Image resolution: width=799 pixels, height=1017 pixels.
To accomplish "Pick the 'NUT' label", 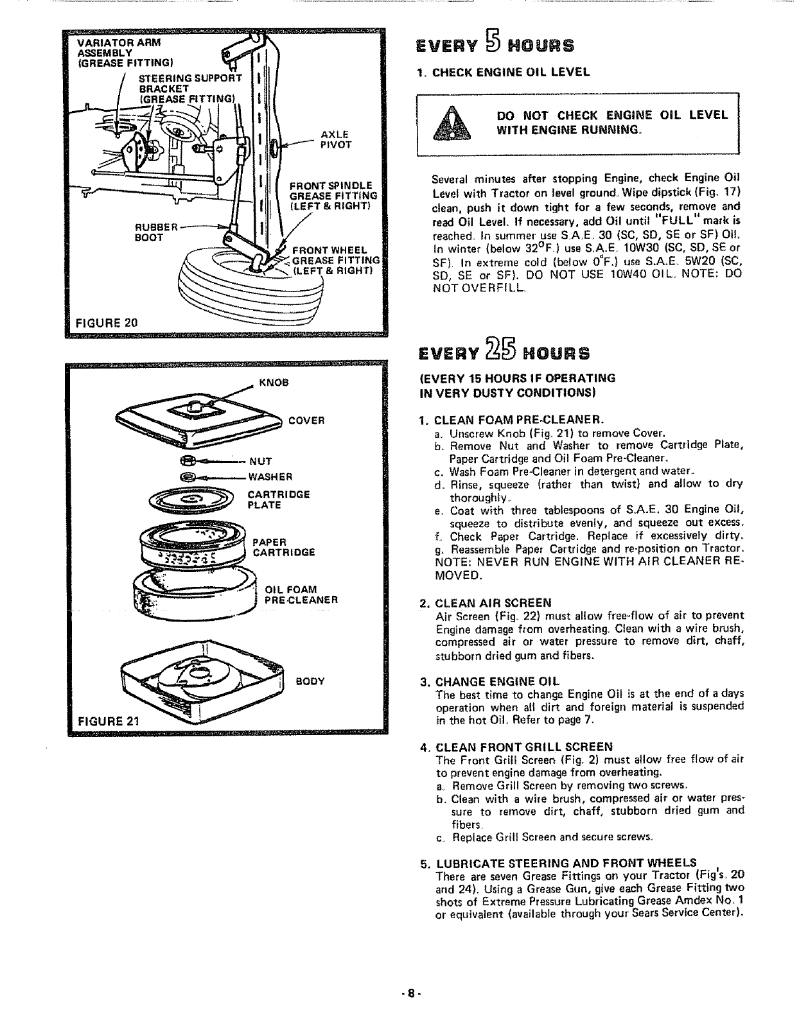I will [261, 461].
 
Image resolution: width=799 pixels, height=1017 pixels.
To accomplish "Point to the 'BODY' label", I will [310, 681].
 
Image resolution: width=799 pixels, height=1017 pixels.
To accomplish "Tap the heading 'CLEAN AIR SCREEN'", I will [493, 603].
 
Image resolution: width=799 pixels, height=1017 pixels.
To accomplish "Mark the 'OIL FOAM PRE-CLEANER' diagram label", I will [301, 595].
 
